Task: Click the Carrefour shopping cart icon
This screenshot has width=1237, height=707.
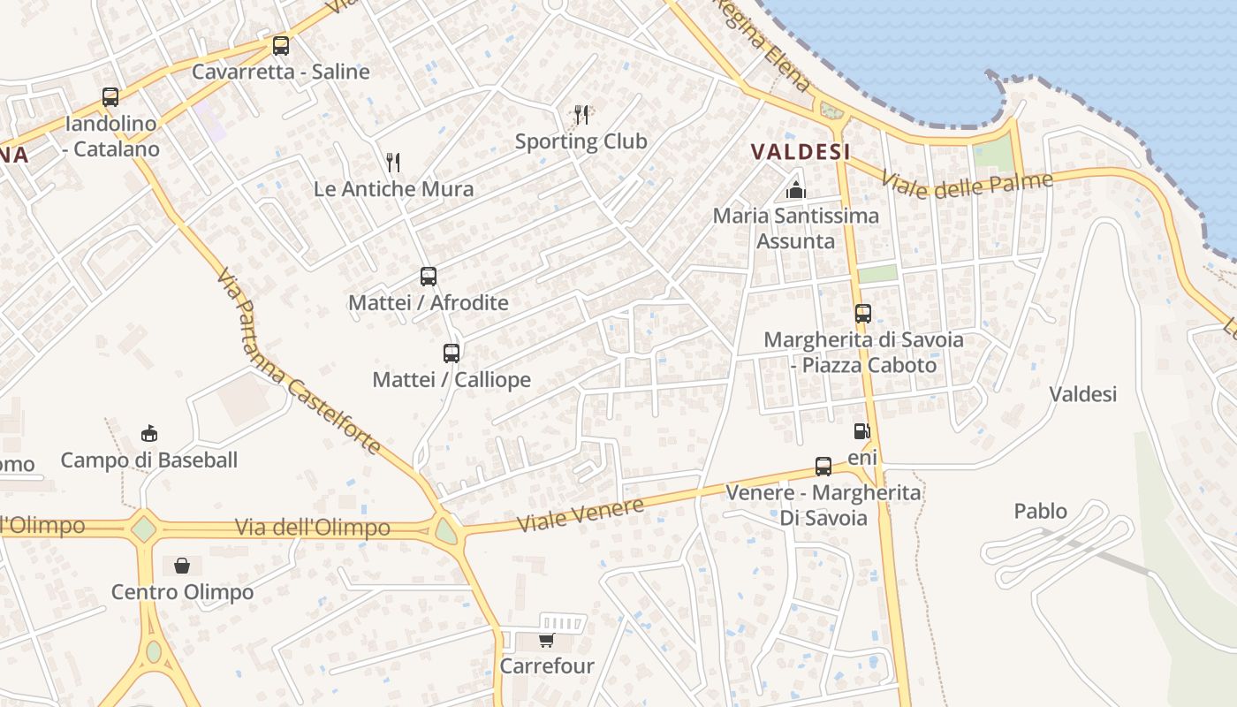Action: click(547, 640)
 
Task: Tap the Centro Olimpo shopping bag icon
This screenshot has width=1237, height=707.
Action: click(182, 566)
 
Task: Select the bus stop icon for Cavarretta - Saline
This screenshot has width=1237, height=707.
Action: click(281, 46)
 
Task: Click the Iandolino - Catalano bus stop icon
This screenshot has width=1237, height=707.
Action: click(110, 97)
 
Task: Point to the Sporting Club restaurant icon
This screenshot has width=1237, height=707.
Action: click(581, 115)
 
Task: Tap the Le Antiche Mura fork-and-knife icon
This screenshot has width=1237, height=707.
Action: click(393, 162)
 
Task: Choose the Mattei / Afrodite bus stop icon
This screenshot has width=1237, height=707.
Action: click(429, 277)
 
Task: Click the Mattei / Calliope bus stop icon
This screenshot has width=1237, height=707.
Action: click(452, 353)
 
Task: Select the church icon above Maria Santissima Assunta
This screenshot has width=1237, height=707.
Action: click(796, 189)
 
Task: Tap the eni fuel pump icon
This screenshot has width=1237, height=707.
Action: click(861, 431)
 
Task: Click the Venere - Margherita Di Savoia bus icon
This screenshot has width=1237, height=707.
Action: click(823, 467)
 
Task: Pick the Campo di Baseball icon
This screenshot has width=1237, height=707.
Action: click(149, 434)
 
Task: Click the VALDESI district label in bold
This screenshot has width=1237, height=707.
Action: click(801, 152)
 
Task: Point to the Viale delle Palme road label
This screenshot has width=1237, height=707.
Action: click(967, 186)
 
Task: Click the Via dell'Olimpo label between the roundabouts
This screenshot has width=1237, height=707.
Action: click(313, 528)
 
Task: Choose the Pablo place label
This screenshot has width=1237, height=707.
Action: click(1040, 511)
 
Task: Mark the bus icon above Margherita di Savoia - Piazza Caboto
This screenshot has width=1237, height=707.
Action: click(863, 314)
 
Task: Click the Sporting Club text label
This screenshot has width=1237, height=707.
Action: click(581, 141)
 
